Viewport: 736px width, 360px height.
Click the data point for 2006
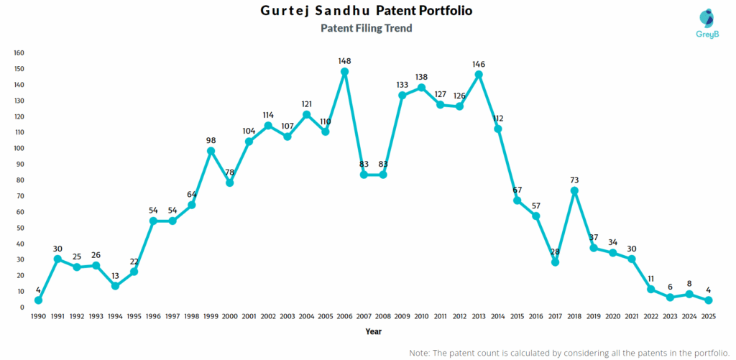pyautogui.click(x=344, y=72)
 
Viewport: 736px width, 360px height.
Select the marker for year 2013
pyautogui.click(x=479, y=75)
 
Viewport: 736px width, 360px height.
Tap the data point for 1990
pyautogui.click(x=38, y=300)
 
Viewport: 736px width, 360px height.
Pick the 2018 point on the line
pyautogui.click(x=574, y=191)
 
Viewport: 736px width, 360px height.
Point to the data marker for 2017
pyautogui.click(x=555, y=262)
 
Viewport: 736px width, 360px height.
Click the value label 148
pyautogui.click(x=344, y=61)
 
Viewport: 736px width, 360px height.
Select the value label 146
pyautogui.click(x=479, y=64)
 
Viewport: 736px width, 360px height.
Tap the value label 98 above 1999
pyautogui.click(x=211, y=140)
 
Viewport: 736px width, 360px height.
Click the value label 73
pyautogui.click(x=574, y=180)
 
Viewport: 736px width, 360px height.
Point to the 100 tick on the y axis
pyautogui.click(x=19, y=148)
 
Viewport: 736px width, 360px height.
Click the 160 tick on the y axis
pyautogui.click(x=19, y=53)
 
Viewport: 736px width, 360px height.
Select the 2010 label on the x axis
pyautogui.click(x=421, y=317)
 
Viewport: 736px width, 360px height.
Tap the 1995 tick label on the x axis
pyautogui.click(x=134, y=317)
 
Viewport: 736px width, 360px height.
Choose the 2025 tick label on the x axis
pyautogui.click(x=708, y=317)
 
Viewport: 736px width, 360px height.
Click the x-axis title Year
pyautogui.click(x=373, y=332)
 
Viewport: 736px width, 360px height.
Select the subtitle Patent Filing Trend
pyautogui.click(x=367, y=29)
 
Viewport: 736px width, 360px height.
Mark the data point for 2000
pyautogui.click(x=229, y=183)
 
